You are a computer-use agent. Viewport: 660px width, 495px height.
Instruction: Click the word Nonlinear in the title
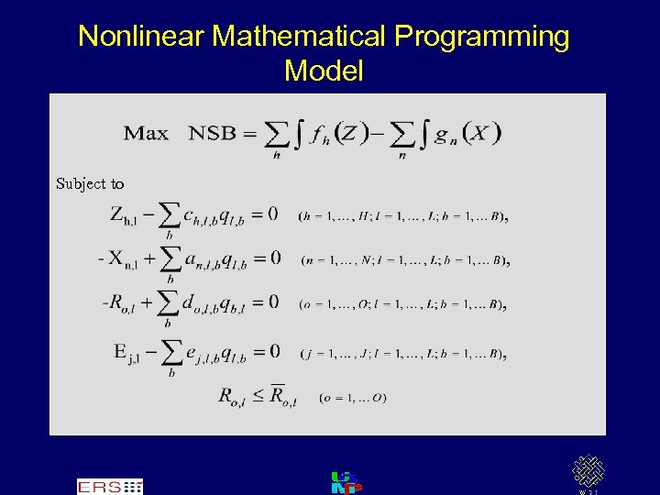pyautogui.click(x=141, y=37)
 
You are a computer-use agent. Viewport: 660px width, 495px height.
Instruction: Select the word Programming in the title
pyautogui.click(x=481, y=37)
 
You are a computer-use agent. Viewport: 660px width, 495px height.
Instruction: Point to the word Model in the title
pyautogui.click(x=324, y=70)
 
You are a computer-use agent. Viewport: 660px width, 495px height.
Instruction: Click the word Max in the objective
pyautogui.click(x=147, y=133)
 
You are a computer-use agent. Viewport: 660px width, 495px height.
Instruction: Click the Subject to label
pyautogui.click(x=90, y=183)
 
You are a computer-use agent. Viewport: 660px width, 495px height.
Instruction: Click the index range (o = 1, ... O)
pyautogui.click(x=353, y=398)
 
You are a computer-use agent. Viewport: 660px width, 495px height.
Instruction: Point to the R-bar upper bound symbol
pyautogui.click(x=280, y=396)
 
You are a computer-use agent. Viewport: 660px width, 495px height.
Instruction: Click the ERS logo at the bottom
pyautogui.click(x=109, y=487)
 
